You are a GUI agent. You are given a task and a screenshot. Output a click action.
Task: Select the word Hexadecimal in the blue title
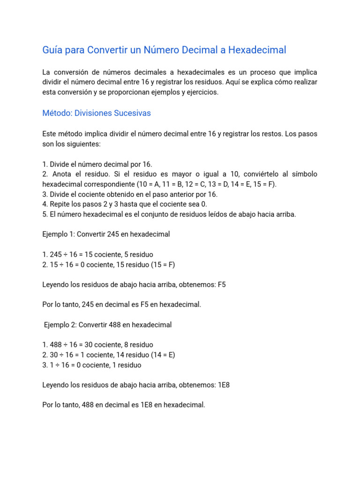257,50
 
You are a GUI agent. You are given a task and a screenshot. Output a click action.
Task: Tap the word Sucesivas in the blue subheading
134,113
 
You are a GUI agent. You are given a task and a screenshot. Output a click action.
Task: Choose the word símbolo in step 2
303,174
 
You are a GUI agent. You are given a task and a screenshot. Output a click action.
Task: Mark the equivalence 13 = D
215,184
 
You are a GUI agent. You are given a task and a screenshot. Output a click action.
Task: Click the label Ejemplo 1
58,234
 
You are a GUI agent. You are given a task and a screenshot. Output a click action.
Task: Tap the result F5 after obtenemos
222,285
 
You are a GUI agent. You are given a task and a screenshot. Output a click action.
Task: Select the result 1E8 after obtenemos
224,385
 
